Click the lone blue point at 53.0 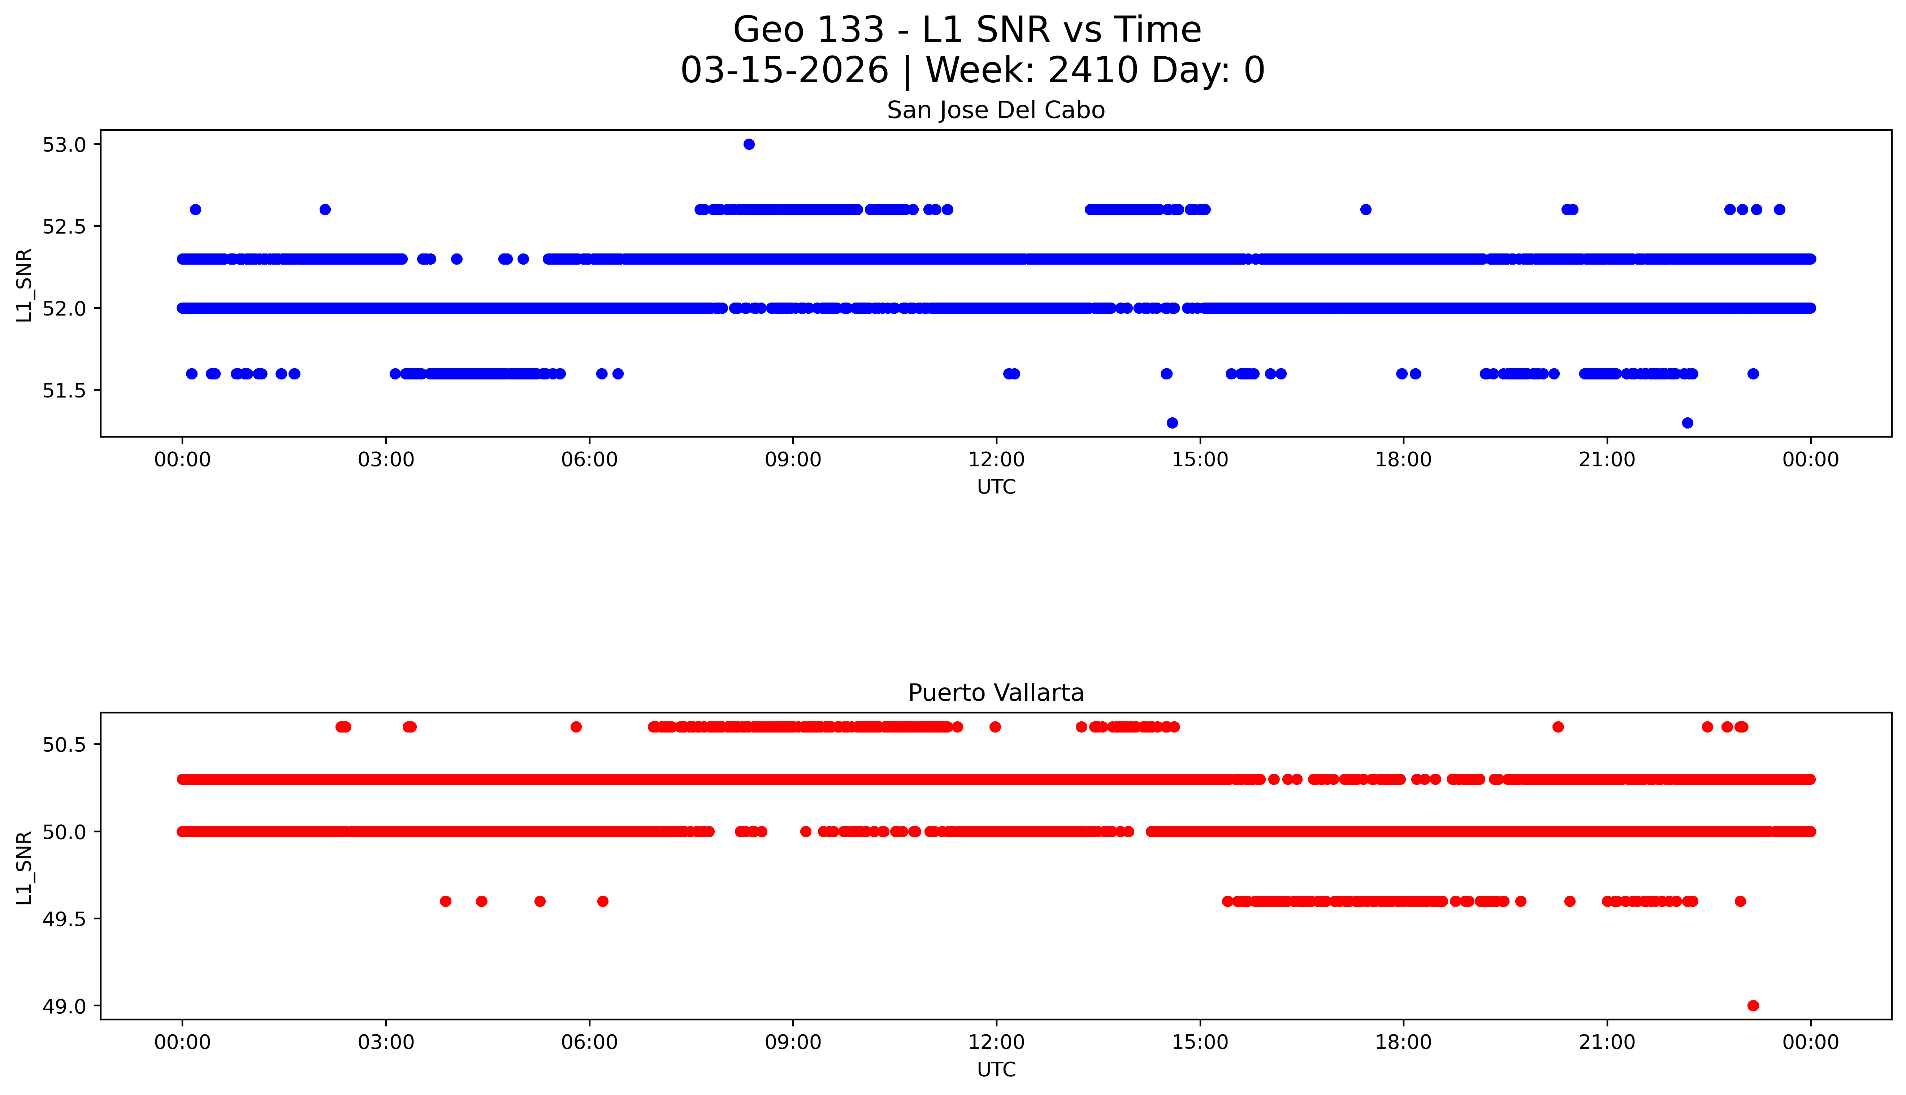pyautogui.click(x=748, y=144)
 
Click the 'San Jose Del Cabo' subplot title pyautogui.click(x=996, y=110)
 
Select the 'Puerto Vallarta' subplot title pyautogui.click(x=996, y=693)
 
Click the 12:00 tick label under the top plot pyautogui.click(x=997, y=460)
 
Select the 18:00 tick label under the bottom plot pyautogui.click(x=1404, y=1042)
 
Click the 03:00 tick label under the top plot pyautogui.click(x=386, y=460)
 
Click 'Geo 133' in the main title pyautogui.click(x=809, y=30)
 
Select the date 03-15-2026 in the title pyautogui.click(x=784, y=71)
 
